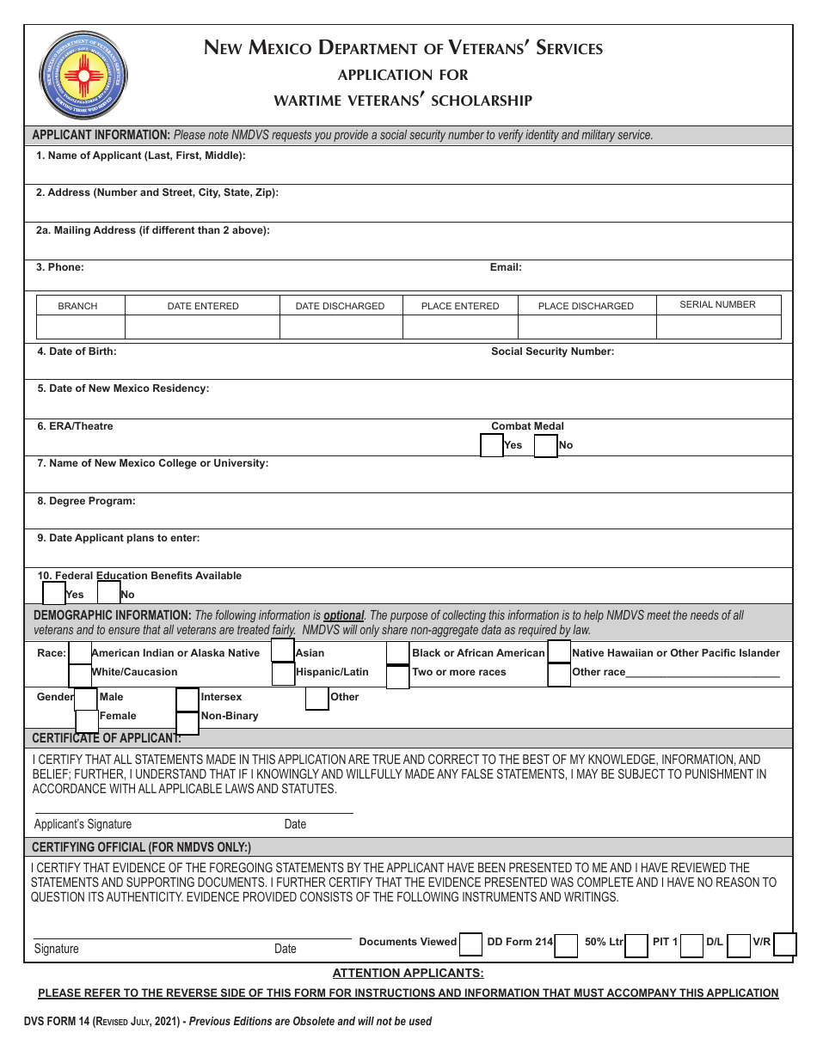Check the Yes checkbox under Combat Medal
pos(492,446)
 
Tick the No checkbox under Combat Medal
pos(546,446)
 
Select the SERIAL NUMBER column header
pos(717,304)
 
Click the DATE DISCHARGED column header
pos(340,306)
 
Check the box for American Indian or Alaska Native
pos(79,653)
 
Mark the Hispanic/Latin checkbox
pos(283,674)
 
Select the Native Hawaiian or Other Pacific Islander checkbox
pos(559,652)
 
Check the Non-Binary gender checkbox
pos(187,723)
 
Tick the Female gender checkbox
pos(87,721)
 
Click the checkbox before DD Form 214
pos(470,944)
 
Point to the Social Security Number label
pos(552,351)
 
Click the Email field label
pos(506,267)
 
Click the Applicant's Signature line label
pos(83,824)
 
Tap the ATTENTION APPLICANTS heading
pos(408,973)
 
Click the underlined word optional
pos(343,615)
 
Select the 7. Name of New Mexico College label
pos(152,463)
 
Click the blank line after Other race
pos(703,673)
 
